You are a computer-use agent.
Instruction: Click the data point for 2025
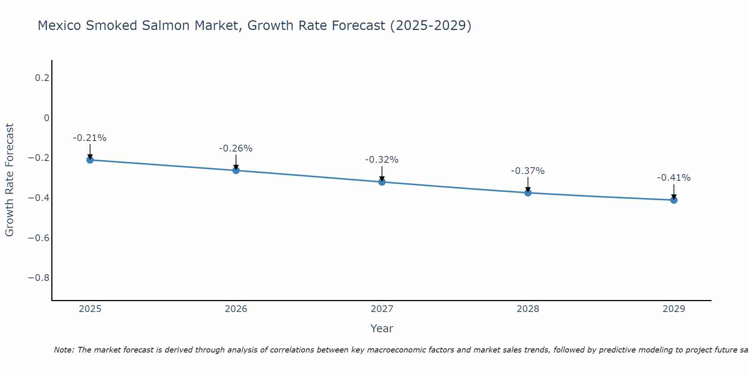[x=90, y=160]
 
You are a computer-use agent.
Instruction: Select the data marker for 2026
[x=236, y=170]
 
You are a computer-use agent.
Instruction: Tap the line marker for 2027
[x=382, y=182]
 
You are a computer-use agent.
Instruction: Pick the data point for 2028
[x=528, y=193]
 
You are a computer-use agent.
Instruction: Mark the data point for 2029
[x=674, y=200]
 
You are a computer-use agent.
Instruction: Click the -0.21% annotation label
[x=90, y=138]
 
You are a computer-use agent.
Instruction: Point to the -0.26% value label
[x=236, y=148]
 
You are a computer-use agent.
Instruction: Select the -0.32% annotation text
[x=382, y=160]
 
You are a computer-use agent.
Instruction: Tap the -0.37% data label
[x=528, y=171]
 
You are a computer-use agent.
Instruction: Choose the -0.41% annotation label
[x=674, y=178]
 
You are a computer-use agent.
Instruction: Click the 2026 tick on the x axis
[x=236, y=309]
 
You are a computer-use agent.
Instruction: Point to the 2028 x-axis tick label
[x=528, y=309]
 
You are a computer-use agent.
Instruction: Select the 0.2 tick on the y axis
[x=42, y=78]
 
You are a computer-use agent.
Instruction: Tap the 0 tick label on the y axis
[x=46, y=118]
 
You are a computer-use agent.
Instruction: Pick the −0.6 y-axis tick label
[x=39, y=238]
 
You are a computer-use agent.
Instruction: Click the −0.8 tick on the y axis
[x=39, y=278]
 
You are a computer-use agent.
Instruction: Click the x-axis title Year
[x=382, y=328]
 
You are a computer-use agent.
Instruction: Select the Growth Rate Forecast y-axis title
[x=9, y=180]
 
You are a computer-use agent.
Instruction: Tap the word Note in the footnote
[x=64, y=350]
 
